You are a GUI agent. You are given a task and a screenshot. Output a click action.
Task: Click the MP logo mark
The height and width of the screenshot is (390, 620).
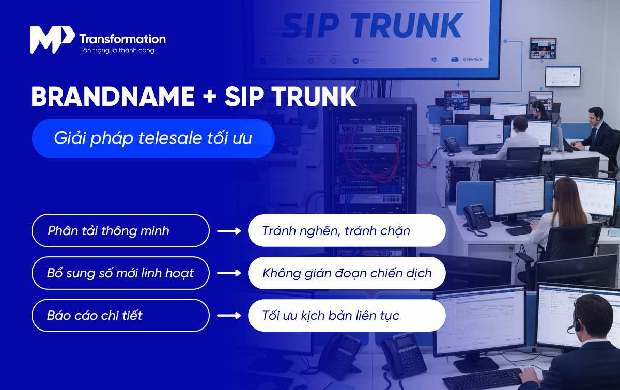(52, 39)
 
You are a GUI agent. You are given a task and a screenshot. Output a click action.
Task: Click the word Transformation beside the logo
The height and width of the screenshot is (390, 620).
(122, 39)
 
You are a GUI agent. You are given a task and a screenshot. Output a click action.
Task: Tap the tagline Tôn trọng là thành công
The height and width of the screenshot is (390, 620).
(117, 51)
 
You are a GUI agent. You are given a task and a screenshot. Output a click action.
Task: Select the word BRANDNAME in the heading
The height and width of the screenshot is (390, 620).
(113, 97)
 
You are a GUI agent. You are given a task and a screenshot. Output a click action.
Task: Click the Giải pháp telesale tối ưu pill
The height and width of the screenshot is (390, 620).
(153, 138)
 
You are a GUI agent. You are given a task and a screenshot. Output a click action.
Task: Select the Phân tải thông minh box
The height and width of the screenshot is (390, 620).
(120, 230)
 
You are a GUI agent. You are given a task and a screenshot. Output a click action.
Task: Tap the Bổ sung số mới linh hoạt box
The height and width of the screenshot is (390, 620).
(120, 273)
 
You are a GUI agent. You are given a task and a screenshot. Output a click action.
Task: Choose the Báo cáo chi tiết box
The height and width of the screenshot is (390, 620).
(120, 315)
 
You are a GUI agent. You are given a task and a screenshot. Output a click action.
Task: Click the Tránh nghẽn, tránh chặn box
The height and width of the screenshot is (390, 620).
(347, 230)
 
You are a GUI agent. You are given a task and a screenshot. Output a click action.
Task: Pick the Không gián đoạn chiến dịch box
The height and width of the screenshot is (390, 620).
(347, 273)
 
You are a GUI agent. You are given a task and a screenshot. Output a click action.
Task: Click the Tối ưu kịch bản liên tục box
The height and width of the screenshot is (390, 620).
(347, 315)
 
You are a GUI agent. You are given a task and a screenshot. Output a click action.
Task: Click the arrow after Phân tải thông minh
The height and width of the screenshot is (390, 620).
(229, 231)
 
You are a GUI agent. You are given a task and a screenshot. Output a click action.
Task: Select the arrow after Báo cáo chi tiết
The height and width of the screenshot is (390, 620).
(229, 315)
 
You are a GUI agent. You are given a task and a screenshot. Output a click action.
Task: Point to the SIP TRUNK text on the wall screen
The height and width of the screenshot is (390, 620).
(372, 26)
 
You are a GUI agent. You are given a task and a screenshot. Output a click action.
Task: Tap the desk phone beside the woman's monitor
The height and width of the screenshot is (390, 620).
(476, 217)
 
